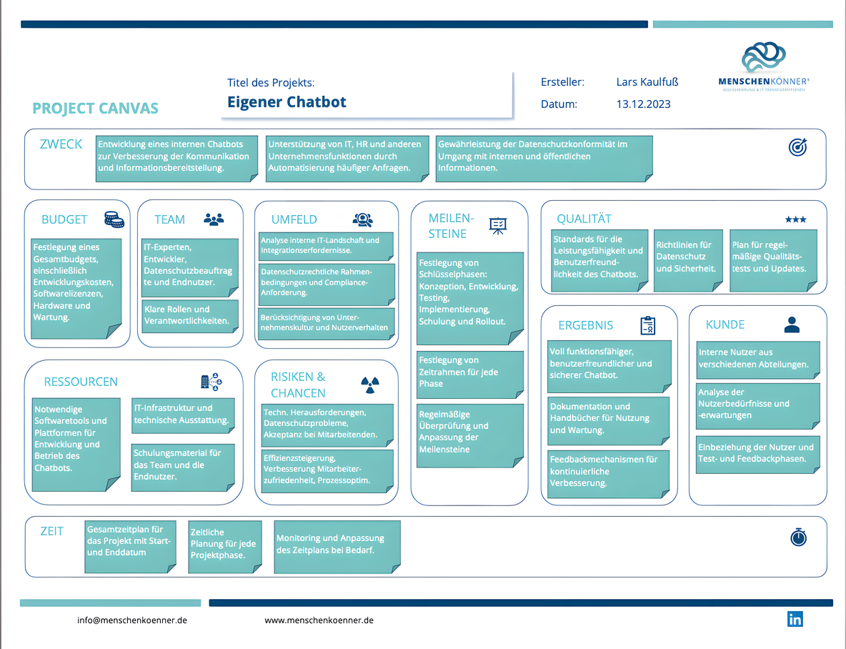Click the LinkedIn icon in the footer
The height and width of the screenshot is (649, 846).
click(x=795, y=619)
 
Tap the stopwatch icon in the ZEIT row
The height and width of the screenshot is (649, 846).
click(x=799, y=537)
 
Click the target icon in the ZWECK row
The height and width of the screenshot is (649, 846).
click(x=797, y=147)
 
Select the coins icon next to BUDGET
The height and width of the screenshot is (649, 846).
click(x=114, y=219)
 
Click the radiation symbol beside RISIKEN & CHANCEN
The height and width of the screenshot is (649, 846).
click(x=369, y=385)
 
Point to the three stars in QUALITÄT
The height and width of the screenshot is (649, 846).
click(x=795, y=219)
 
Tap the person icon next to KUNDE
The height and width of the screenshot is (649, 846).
click(x=792, y=325)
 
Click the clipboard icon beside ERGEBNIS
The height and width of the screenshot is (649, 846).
click(x=647, y=325)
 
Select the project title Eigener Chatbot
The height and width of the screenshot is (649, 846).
click(x=287, y=102)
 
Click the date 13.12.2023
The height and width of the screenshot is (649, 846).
click(x=643, y=104)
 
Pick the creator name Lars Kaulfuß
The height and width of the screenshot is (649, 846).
click(x=647, y=82)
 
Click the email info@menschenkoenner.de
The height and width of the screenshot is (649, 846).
click(x=132, y=620)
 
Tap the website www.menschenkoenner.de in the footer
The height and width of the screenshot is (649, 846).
click(x=319, y=620)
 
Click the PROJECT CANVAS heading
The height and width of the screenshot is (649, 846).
click(x=96, y=109)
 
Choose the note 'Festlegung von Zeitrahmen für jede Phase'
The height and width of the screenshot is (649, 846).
click(x=470, y=372)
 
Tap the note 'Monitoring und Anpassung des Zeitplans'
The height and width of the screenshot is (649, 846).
click(x=336, y=545)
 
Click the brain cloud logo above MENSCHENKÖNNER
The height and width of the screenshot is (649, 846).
click(x=763, y=57)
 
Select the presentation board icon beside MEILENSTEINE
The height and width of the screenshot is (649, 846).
click(x=497, y=225)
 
